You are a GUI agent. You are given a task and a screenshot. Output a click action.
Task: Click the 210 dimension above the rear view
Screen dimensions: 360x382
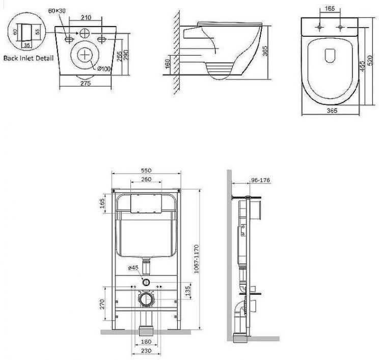[x=86, y=17]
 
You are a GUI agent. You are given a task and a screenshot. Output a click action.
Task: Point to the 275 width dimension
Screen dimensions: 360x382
[x=86, y=84]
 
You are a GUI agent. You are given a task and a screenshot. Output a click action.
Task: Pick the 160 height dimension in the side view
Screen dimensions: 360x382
[x=168, y=63]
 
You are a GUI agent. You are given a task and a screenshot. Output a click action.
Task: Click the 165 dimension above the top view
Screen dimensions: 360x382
[x=330, y=9]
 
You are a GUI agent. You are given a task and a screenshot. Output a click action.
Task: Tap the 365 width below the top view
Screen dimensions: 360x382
[x=332, y=110]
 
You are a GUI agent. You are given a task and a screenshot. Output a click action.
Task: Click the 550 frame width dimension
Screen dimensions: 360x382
[x=146, y=170]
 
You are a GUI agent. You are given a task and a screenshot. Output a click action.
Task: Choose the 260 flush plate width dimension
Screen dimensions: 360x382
[x=146, y=179]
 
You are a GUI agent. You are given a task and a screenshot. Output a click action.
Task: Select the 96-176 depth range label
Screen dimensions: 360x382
[x=261, y=179]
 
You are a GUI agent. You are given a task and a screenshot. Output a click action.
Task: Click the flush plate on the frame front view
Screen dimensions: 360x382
[x=146, y=204]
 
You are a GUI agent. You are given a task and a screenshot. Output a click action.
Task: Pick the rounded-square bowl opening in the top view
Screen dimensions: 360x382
[x=330, y=55]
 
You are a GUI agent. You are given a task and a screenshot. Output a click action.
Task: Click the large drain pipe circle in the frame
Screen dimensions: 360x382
[x=147, y=299]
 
